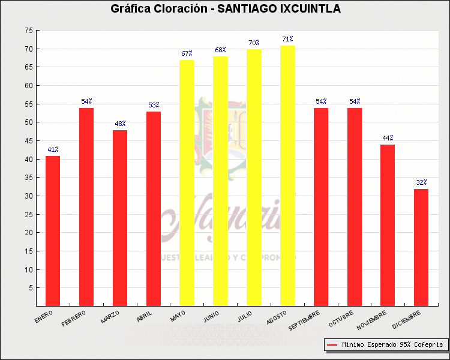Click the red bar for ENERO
pos(53,231)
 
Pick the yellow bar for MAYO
pos(187,183)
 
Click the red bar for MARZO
pos(120,218)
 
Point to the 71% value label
pos(288,40)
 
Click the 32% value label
pos(421,183)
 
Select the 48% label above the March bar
pos(120,124)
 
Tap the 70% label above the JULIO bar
pos(254,43)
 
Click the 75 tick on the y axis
pos(29,30)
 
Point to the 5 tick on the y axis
pos(31,288)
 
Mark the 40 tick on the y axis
pos(29,159)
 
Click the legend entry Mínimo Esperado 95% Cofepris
pos(392,345)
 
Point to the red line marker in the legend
pos(332,345)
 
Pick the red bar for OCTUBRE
pos(355,207)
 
